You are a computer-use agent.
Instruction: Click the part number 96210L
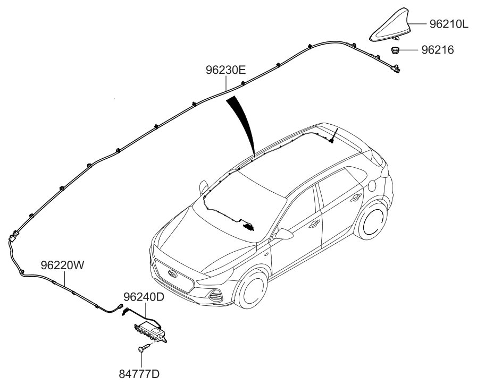449,24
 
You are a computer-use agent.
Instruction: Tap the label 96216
438,50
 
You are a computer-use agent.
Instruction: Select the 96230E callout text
225,70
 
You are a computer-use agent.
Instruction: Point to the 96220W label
62,265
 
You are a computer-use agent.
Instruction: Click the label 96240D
144,297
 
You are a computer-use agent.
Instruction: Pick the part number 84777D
139,374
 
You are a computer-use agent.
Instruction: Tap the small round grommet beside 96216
396,50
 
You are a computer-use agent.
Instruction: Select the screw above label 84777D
145,348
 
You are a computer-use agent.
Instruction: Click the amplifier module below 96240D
151,332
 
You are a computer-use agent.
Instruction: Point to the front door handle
313,224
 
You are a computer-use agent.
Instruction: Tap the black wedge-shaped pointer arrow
242,125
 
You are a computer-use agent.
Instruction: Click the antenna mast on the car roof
333,135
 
